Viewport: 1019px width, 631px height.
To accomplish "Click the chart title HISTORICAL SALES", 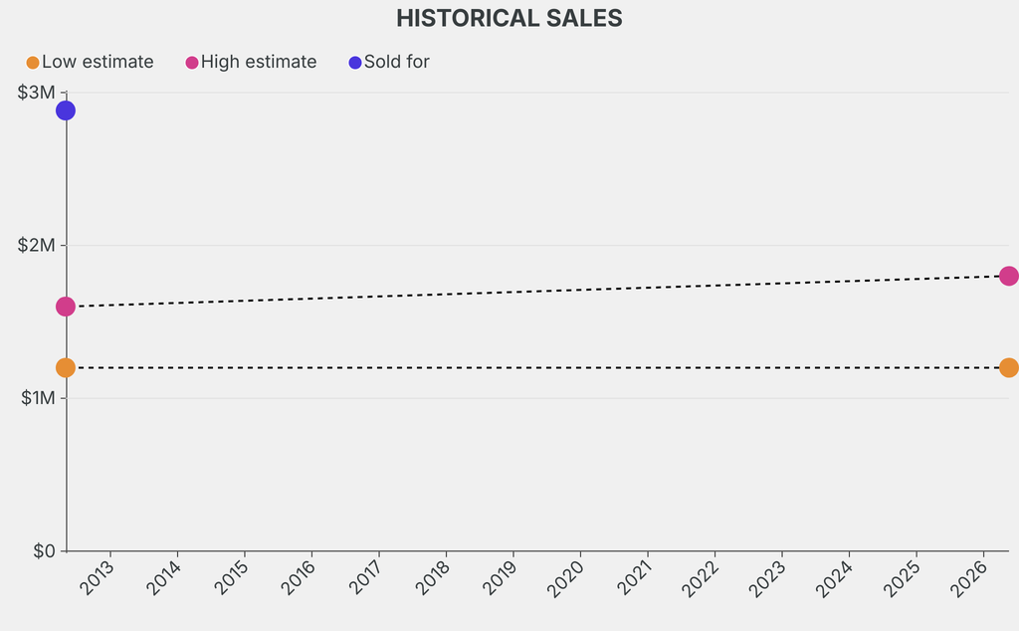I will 509,18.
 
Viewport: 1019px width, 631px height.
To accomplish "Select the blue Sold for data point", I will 66,110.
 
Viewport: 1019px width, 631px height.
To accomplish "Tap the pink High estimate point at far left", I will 66,307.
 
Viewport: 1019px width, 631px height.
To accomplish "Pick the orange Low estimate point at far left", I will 66,368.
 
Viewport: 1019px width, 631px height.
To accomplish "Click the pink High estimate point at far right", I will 1008,276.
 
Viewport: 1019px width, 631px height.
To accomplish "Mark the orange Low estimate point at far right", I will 1008,368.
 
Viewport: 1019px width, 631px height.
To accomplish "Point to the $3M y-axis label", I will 38,93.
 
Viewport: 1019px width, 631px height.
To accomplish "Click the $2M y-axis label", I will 38,246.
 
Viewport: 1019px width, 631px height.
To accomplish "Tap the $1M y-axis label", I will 38,398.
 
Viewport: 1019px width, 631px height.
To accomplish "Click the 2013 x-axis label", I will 98,578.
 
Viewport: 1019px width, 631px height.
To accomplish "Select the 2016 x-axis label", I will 299,578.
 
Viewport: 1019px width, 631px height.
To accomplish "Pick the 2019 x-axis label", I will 500,578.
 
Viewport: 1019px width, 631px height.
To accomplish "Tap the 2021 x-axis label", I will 634,578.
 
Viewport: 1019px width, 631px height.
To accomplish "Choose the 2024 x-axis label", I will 836,578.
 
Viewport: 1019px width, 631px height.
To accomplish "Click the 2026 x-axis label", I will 970,578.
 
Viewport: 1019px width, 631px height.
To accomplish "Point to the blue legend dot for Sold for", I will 355,63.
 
